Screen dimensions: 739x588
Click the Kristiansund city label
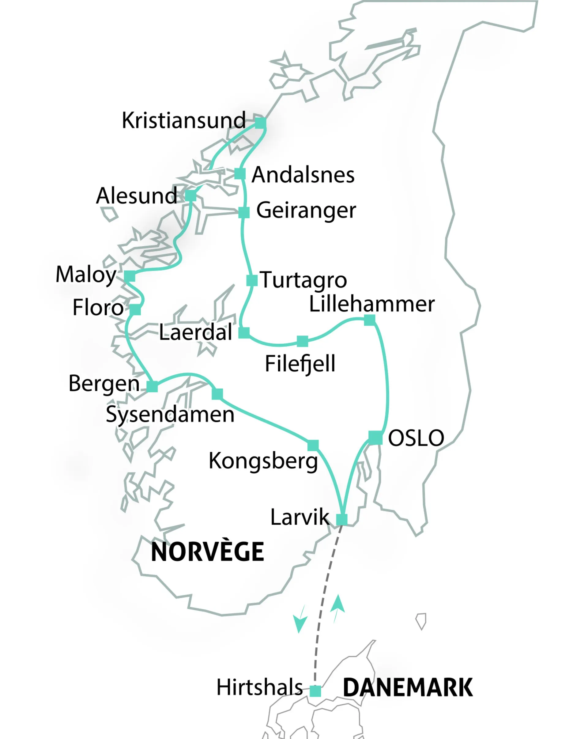pyautogui.click(x=184, y=120)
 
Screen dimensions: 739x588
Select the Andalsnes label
pyautogui.click(x=303, y=175)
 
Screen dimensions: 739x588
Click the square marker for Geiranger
pyautogui.click(x=244, y=213)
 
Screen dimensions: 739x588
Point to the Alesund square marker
pyautogui.click(x=191, y=195)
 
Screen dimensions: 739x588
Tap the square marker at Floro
pyautogui.click(x=135, y=309)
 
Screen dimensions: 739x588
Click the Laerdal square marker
pyautogui.click(x=244, y=332)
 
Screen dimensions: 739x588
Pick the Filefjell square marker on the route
pyautogui.click(x=302, y=341)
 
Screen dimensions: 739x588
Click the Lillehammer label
pyautogui.click(x=372, y=304)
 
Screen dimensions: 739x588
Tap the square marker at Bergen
pyautogui.click(x=152, y=386)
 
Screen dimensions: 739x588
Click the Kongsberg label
pyautogui.click(x=263, y=461)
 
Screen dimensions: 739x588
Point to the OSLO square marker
pyautogui.click(x=375, y=438)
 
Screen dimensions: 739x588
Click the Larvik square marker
pyautogui.click(x=342, y=520)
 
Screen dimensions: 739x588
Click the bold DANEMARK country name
pyautogui.click(x=408, y=688)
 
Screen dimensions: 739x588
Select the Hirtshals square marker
pyautogui.click(x=315, y=691)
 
